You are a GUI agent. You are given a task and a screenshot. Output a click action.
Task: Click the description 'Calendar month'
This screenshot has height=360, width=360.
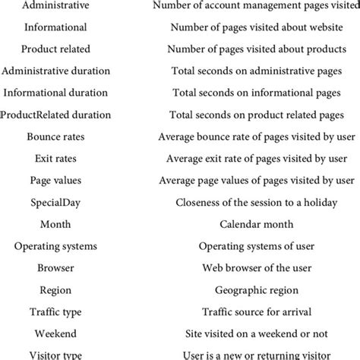pyautogui.click(x=257, y=225)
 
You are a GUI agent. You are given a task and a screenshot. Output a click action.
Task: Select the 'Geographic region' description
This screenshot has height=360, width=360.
pyautogui.click(x=257, y=290)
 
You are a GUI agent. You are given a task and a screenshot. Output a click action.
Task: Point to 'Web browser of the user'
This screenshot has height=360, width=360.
pyautogui.click(x=257, y=268)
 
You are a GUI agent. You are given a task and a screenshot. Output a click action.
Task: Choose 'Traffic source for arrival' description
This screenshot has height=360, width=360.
pyautogui.click(x=257, y=312)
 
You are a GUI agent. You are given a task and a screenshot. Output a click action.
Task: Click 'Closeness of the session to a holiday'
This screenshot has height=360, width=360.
pyautogui.click(x=257, y=203)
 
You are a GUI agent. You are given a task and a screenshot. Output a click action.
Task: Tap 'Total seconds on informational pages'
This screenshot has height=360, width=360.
pyautogui.click(x=257, y=93)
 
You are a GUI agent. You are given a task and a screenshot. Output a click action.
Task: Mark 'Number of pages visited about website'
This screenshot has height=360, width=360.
pyautogui.click(x=257, y=27)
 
